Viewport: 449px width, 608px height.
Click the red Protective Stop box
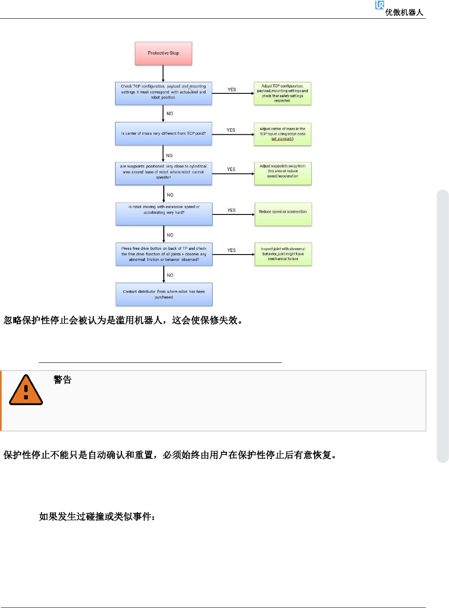[163, 53]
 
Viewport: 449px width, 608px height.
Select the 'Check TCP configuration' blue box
[163, 93]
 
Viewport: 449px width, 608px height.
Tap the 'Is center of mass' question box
[163, 133]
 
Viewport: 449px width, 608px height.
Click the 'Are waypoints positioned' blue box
[163, 173]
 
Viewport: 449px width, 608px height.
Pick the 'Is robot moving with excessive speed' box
[164, 214]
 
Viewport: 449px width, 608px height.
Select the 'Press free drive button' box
[164, 254]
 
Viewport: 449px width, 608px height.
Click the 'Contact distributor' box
[164, 294]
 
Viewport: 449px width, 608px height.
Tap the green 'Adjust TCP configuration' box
[283, 93]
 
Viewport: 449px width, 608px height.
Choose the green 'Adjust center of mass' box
[283, 134]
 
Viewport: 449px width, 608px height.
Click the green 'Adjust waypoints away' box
[283, 173]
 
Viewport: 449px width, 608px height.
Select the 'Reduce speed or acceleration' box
[283, 214]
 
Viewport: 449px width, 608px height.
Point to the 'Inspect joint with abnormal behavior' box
[283, 254]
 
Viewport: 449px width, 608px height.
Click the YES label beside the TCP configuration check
[232, 90]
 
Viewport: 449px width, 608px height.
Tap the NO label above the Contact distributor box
[170, 275]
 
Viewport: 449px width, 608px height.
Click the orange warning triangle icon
[26, 390]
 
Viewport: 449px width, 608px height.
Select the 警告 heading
[62, 379]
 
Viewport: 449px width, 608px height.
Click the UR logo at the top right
[379, 5]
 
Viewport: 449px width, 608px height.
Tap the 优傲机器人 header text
[404, 12]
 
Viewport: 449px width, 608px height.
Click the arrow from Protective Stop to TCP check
[163, 73]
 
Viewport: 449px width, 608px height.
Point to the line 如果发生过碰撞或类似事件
[97, 517]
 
